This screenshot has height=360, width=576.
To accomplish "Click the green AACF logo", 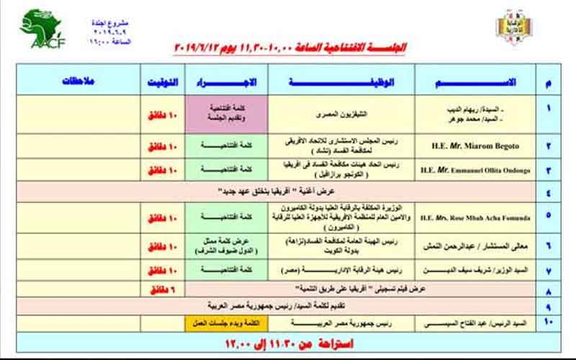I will (x=42, y=29).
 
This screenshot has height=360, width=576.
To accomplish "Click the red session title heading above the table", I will (x=290, y=48).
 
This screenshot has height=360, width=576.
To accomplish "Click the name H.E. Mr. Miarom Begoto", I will (x=474, y=147).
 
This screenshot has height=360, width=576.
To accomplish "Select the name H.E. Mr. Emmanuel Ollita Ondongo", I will (x=474, y=170).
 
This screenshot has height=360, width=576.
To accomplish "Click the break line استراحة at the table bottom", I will (x=290, y=343).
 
